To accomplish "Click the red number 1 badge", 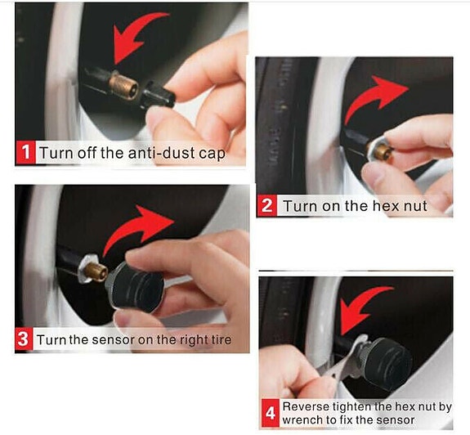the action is pyautogui.click(x=25, y=152).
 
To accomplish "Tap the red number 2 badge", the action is pyautogui.click(x=266, y=206).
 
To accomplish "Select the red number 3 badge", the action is pyautogui.click(x=24, y=339).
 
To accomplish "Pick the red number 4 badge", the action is pyautogui.click(x=271, y=414).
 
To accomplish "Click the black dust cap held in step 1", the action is pyautogui.click(x=158, y=96).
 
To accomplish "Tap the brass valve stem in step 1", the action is pyautogui.click(x=123, y=85).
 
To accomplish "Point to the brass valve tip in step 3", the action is pyautogui.click(x=96, y=271).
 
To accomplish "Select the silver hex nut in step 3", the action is pyautogui.click(x=86, y=269).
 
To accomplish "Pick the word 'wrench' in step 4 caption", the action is pyautogui.click(x=302, y=420).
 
